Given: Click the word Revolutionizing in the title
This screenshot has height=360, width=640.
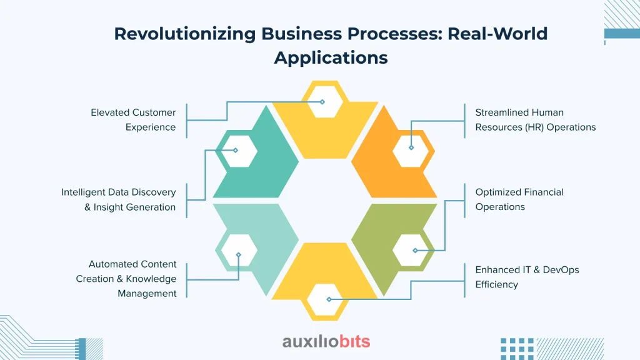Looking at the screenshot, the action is point(185,34).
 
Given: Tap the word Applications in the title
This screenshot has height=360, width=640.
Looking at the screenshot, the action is point(331,57).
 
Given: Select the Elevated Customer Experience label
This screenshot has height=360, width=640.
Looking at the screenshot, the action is point(134,119).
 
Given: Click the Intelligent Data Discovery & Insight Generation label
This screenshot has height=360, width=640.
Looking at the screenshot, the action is point(118,199).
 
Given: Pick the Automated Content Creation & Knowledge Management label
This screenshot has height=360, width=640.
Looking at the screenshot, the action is point(126,279).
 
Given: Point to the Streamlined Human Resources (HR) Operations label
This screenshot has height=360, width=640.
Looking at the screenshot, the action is point(536,119).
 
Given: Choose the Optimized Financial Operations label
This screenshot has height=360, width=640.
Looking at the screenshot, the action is point(519,199).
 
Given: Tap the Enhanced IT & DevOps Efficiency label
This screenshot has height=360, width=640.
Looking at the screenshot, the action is point(527,277).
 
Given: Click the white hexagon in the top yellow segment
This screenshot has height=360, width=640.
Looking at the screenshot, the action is point(325,102).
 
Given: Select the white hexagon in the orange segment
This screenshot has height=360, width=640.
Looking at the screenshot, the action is point(411,151).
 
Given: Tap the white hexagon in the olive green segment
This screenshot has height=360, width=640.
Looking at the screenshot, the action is point(411,250).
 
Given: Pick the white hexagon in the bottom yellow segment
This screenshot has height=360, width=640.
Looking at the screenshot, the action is point(325,299).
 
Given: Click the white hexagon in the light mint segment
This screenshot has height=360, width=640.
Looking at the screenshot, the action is point(239,250).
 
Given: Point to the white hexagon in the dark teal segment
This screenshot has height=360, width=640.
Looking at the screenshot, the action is point(239,151).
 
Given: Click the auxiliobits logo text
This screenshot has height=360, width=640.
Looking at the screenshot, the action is point(326,341).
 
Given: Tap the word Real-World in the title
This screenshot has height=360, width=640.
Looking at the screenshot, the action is point(497,34).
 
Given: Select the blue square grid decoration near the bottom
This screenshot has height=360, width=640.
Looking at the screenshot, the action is point(517,349).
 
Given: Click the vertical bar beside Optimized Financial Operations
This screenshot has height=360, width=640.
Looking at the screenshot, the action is point(464,201).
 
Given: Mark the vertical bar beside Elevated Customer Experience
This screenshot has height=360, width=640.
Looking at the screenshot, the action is point(186,121).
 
